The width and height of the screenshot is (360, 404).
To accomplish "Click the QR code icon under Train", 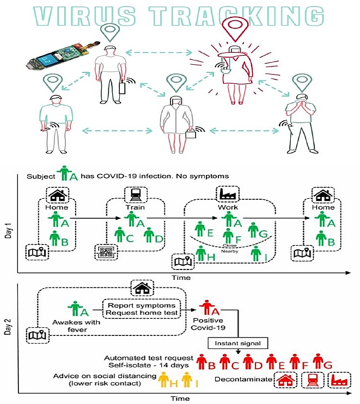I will [x=105, y=251].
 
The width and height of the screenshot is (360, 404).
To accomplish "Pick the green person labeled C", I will [x=120, y=235].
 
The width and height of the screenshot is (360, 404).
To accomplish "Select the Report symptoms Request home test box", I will [x=142, y=309].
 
